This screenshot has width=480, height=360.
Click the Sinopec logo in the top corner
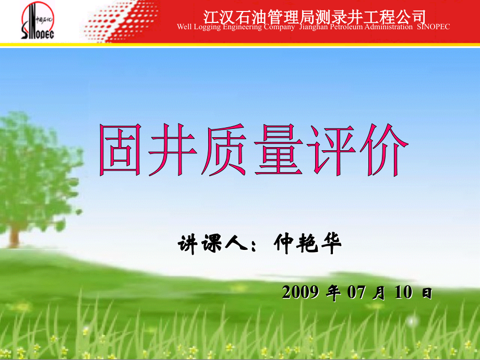[x=38, y=22]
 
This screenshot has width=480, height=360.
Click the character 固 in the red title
[x=124, y=150]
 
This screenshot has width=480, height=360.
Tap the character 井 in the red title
[x=175, y=150]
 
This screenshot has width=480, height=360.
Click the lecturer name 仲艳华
[x=308, y=243]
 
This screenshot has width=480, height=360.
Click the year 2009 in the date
[x=300, y=293]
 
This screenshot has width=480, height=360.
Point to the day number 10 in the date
[x=403, y=293]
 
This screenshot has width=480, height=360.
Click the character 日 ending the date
[x=427, y=294]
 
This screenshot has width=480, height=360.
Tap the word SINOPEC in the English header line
[x=434, y=27]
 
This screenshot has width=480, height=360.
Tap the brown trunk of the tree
[x=15, y=232]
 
